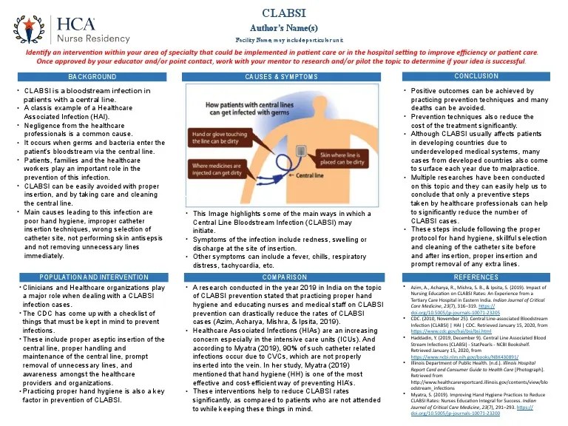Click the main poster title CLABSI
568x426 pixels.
pos(283,13)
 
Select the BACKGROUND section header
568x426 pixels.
pos(92,77)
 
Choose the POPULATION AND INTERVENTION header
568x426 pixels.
pos(92,276)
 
